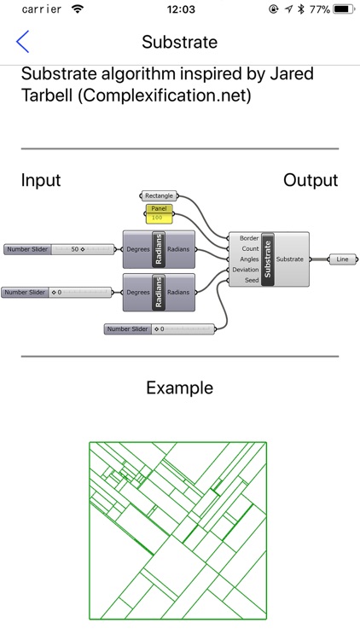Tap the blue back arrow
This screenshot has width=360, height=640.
pyautogui.click(x=22, y=42)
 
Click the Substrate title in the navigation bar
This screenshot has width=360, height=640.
pyautogui.click(x=180, y=42)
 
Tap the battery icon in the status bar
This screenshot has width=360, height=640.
pyautogui.click(x=343, y=9)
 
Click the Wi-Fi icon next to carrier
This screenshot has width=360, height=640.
pyautogui.click(x=77, y=9)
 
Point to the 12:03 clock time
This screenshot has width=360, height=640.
pyautogui.click(x=180, y=9)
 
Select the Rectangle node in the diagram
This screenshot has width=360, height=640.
pyautogui.click(x=160, y=196)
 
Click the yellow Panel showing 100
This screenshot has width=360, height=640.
pyautogui.click(x=160, y=213)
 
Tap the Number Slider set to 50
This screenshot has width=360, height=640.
pyautogui.click(x=59, y=249)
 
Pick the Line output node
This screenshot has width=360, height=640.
pyautogui.click(x=343, y=259)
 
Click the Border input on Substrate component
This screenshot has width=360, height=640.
pyautogui.click(x=249, y=238)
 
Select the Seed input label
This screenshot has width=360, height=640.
pyautogui.click(x=252, y=281)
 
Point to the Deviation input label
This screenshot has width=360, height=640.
pyautogui.click(x=246, y=270)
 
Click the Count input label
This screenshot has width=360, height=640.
pyautogui.click(x=250, y=248)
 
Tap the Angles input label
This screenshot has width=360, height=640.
pyautogui.click(x=249, y=259)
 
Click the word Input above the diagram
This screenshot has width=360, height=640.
pyautogui.click(x=41, y=180)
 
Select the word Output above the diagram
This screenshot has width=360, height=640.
pyautogui.click(x=311, y=180)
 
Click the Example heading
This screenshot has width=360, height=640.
pyautogui.click(x=180, y=387)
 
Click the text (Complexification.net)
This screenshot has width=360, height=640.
pyautogui.click(x=164, y=96)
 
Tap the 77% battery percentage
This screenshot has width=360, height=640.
pyautogui.click(x=320, y=9)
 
